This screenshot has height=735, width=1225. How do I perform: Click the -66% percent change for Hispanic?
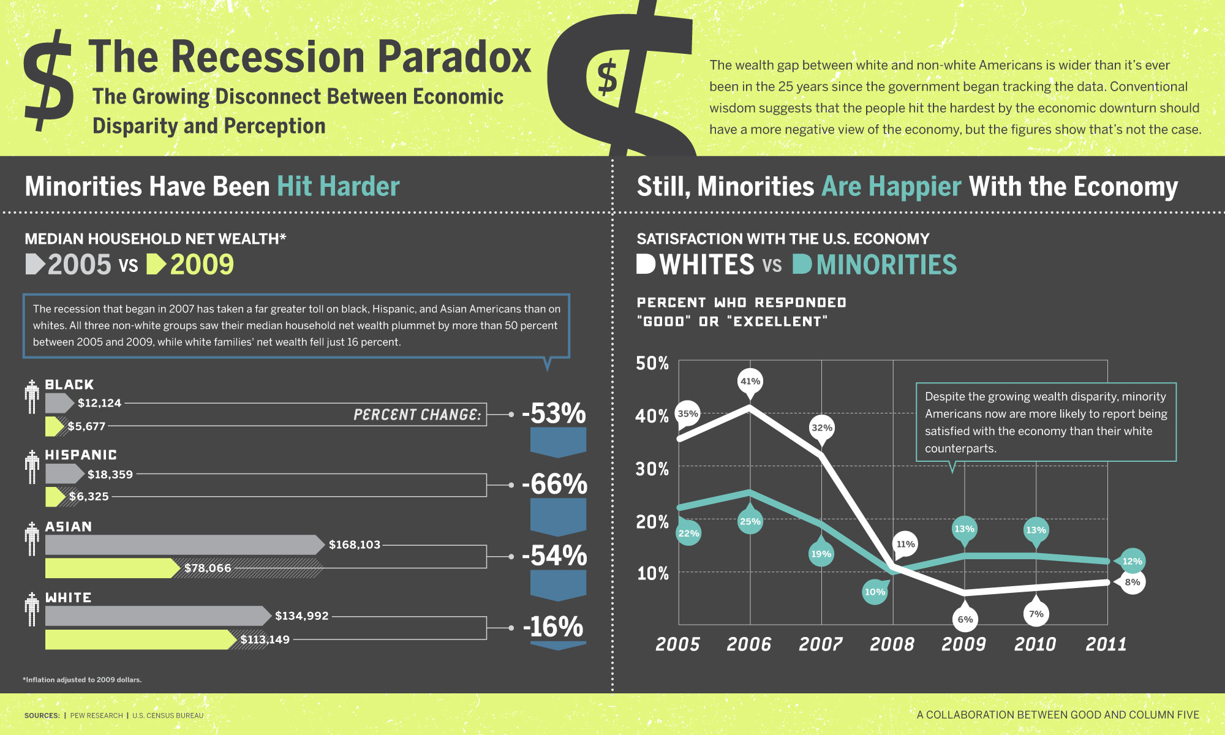pos(554,484)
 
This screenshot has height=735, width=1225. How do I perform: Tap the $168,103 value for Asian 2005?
pos(354,545)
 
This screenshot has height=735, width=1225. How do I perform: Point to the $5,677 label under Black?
pos(86,426)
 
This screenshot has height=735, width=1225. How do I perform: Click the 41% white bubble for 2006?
pos(750,382)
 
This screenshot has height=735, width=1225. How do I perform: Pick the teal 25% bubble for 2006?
pos(750,521)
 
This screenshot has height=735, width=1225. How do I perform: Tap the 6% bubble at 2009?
pos(965,619)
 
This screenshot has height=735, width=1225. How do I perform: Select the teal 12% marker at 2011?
pos(1131,561)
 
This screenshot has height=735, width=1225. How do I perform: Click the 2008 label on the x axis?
pos(892,644)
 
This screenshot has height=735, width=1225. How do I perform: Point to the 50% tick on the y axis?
pos(652,363)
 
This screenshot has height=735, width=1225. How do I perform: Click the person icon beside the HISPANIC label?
pos(32,467)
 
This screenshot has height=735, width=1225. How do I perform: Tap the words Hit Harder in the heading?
pos(338,186)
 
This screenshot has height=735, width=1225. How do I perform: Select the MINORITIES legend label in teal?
pos(886,265)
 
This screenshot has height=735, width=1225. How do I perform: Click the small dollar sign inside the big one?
pos(607,78)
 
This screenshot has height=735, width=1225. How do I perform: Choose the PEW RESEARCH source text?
pos(97,715)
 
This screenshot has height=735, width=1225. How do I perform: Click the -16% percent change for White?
pos(553,627)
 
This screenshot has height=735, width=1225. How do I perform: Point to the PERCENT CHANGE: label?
pos(417,415)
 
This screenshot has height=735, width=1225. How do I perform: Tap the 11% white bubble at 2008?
pos(905,544)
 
